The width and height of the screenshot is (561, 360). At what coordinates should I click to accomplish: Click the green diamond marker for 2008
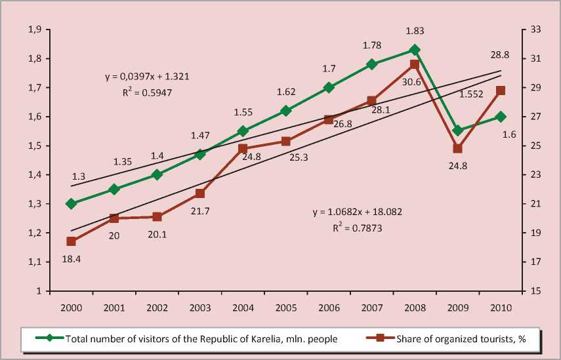click(415, 50)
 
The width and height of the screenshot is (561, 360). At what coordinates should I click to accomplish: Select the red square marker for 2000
click(72, 242)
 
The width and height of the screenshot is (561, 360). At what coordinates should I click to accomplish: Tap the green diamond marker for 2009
click(457, 130)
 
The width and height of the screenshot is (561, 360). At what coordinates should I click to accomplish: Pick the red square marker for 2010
click(500, 91)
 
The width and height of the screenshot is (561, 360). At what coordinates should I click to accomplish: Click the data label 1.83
click(415, 31)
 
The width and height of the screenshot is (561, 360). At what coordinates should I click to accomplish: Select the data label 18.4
click(70, 260)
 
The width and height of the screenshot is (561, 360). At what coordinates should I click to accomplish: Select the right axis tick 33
click(535, 30)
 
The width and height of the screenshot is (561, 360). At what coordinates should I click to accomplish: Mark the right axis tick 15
click(535, 291)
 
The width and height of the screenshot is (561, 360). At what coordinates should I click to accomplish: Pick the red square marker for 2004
click(243, 150)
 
